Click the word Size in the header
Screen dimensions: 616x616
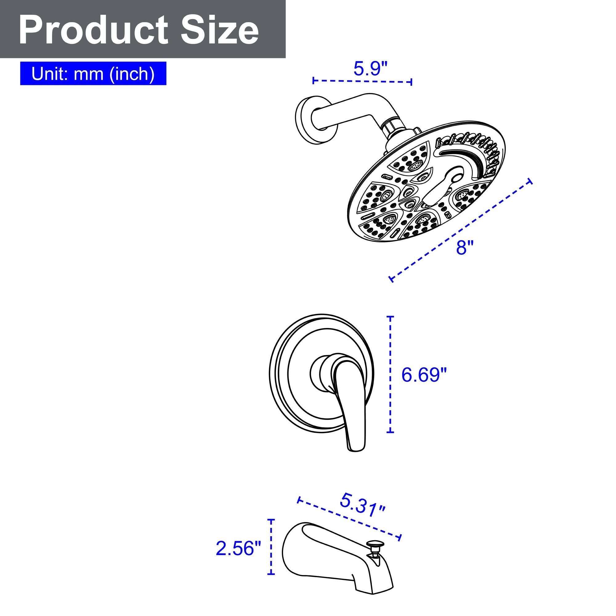pos(220,30)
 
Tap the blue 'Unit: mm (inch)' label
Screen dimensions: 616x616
pos(93,74)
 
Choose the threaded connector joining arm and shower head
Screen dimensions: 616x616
pos(391,127)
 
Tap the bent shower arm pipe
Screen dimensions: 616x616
pos(351,108)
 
